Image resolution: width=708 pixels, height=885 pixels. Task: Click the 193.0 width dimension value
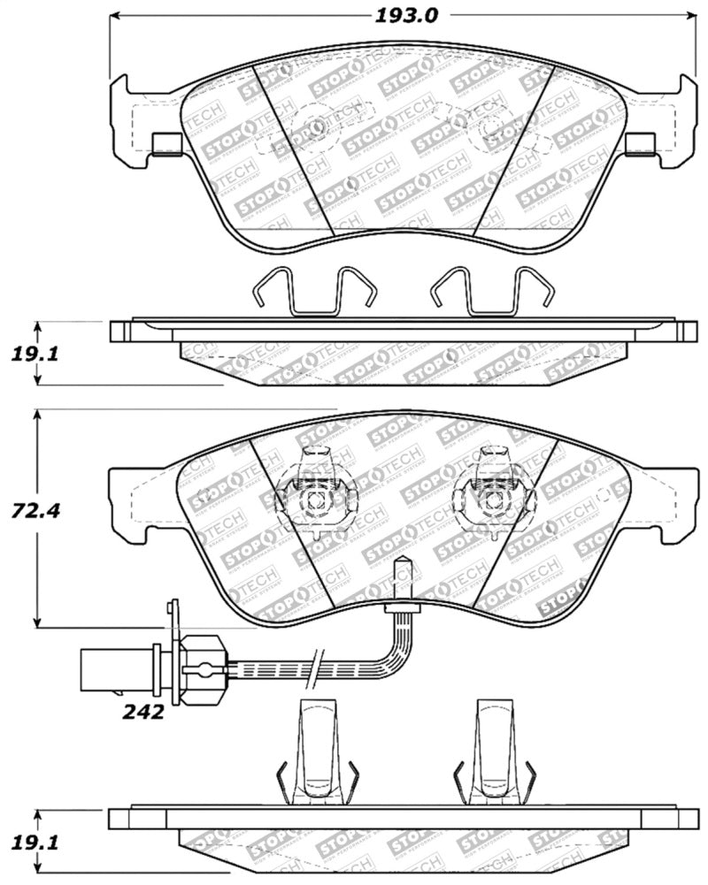402,14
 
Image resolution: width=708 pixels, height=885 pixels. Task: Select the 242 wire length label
144,711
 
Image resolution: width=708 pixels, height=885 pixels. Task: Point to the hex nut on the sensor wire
201,670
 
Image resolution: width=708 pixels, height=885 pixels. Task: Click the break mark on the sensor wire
317,669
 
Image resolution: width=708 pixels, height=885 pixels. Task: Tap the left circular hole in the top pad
314,127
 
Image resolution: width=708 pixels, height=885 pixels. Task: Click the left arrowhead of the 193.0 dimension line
114,15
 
